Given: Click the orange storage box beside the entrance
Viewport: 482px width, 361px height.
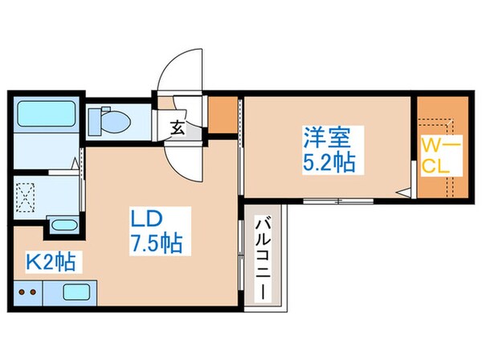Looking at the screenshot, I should [224, 116].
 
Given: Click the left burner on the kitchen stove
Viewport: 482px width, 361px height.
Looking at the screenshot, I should [22, 293].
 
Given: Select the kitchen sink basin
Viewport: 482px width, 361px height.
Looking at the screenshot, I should [77, 293].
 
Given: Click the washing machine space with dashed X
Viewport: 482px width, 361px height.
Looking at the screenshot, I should [31, 195].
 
